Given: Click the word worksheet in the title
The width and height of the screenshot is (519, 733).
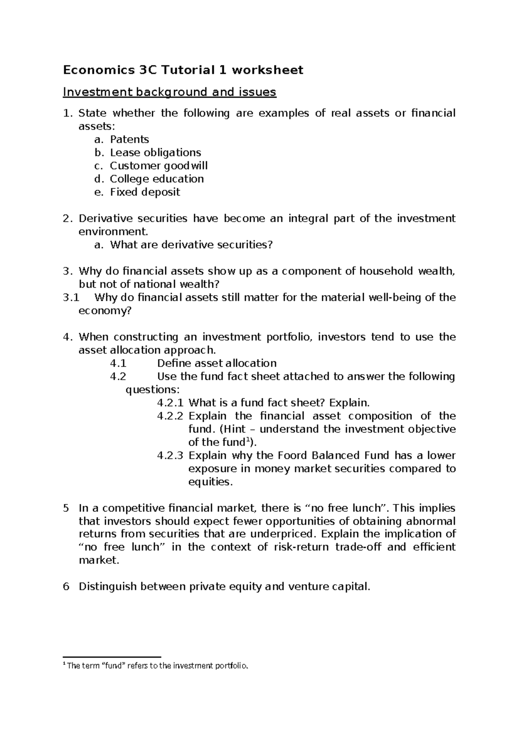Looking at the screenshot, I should pyautogui.click(x=267, y=70).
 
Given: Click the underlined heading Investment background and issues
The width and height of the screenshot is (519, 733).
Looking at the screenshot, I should pyautogui.click(x=169, y=92).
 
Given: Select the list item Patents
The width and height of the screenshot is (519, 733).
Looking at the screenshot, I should pyautogui.click(x=129, y=140).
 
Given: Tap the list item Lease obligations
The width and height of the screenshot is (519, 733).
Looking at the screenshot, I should pyautogui.click(x=155, y=153).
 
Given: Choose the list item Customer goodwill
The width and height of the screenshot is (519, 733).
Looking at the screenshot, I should pyautogui.click(x=158, y=166).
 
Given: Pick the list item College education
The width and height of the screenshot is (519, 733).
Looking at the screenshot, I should pyautogui.click(x=157, y=179).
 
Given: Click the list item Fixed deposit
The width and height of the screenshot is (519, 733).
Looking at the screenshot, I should pyautogui.click(x=145, y=192).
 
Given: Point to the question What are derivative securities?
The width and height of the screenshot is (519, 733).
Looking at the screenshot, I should pyautogui.click(x=192, y=245).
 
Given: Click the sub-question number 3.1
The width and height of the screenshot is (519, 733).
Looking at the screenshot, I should pyautogui.click(x=71, y=297).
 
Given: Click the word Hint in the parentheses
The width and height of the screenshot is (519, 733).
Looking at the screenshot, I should pyautogui.click(x=234, y=429).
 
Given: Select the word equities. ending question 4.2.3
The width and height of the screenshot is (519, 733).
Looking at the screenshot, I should pyautogui.click(x=211, y=482).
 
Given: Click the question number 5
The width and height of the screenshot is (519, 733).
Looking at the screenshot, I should pyautogui.click(x=66, y=508).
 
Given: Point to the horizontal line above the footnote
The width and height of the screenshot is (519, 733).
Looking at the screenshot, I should pyautogui.click(x=112, y=657).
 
